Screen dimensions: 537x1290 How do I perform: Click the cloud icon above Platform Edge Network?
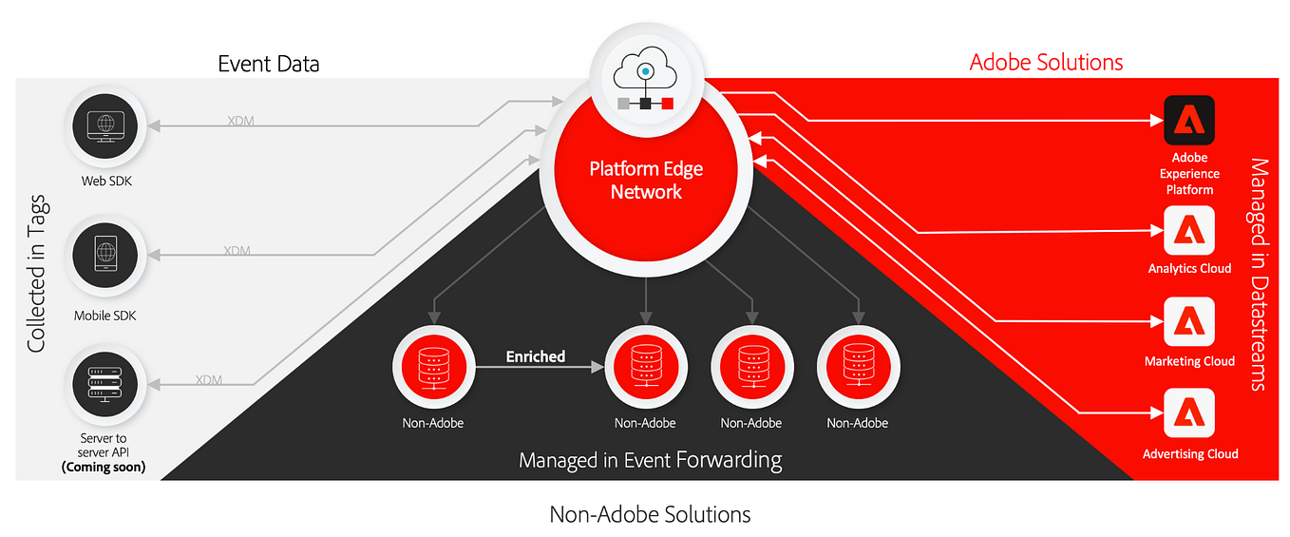click(x=645, y=70)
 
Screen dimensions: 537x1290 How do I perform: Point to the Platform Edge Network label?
click(x=646, y=180)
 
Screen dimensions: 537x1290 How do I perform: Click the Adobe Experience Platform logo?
click(x=1189, y=121)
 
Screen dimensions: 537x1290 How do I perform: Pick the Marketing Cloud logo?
click(x=1189, y=322)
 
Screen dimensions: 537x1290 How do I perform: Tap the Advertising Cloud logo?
click(x=1189, y=415)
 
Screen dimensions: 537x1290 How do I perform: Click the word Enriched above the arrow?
click(x=535, y=356)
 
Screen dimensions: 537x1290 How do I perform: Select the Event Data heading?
click(x=269, y=65)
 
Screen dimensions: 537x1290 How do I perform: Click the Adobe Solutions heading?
click(x=1046, y=63)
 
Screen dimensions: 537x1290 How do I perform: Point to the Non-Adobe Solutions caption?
click(x=650, y=514)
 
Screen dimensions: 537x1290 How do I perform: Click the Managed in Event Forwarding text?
click(x=650, y=461)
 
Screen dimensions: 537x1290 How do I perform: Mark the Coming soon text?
click(x=104, y=467)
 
